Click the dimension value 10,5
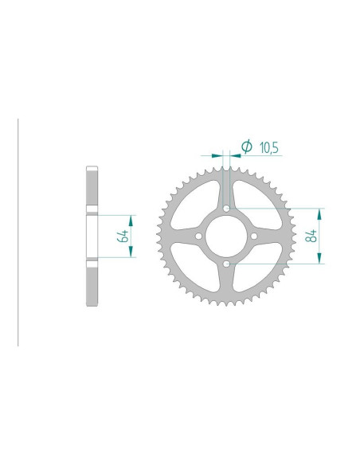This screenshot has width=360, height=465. [269, 147]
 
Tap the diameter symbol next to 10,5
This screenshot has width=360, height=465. [246, 146]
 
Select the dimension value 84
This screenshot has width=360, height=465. [311, 236]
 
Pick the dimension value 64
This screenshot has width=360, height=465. [123, 236]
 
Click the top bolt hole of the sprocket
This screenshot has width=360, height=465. [226, 209]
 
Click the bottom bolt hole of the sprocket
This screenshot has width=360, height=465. [226, 264]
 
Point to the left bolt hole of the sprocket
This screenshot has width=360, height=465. [198, 236]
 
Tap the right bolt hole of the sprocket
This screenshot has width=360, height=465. [254, 236]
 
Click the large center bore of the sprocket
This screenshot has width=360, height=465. [226, 236]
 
